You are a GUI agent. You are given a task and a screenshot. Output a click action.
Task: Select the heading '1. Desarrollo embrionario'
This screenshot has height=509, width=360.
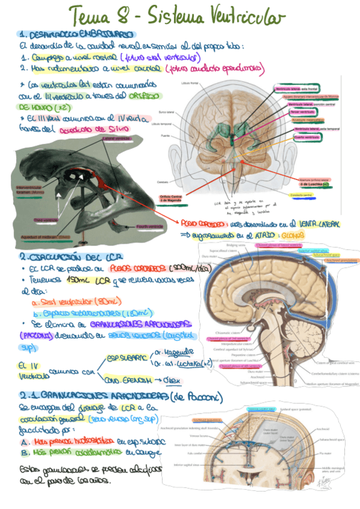(76, 35)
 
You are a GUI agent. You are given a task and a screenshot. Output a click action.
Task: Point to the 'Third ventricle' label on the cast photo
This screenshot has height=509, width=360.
(46, 220)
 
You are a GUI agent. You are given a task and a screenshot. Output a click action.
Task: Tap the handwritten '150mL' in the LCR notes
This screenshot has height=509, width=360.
(77, 280)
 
